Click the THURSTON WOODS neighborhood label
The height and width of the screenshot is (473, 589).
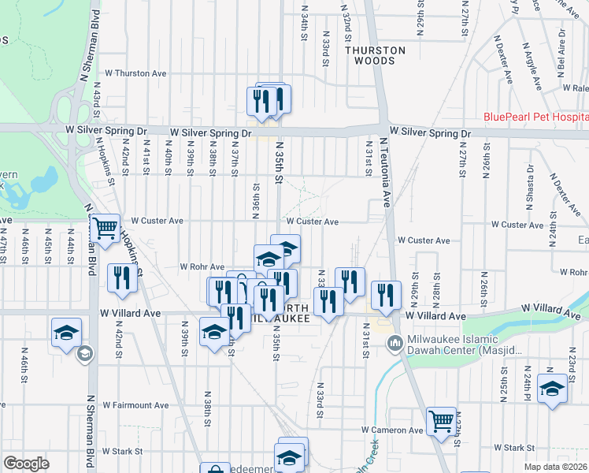point(375,55)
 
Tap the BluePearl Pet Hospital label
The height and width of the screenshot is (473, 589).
point(535,117)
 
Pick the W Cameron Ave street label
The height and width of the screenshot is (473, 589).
point(392,430)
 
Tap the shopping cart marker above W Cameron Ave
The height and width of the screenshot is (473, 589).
point(442,422)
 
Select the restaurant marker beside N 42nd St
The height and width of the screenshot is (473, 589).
point(121,278)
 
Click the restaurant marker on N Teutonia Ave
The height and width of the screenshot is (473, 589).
point(386,296)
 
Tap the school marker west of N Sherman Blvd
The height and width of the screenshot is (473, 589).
point(67,332)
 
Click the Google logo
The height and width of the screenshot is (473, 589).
point(26,463)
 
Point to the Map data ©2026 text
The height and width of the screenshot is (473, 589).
point(554,467)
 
